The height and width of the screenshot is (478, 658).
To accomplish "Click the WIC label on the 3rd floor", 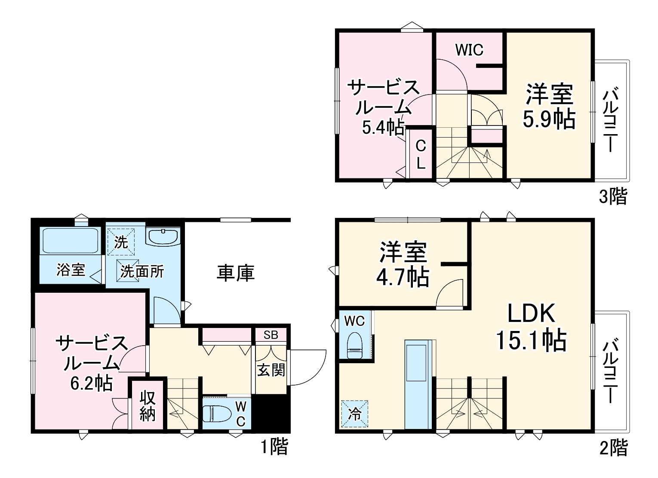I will (469, 50).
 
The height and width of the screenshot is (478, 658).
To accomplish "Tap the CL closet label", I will (421, 154).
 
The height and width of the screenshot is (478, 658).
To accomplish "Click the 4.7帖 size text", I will (403, 277).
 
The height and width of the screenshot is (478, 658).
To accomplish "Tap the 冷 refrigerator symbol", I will (355, 414).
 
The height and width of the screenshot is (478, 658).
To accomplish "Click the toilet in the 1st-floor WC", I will (217, 414).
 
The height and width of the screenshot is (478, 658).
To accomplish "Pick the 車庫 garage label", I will (236, 273).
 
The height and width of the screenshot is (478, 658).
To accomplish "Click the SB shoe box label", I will (271, 335).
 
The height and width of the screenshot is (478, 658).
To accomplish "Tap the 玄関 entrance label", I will (271, 370).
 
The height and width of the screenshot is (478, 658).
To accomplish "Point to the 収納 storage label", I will (147, 406).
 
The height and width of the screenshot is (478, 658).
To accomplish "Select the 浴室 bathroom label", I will (71, 270).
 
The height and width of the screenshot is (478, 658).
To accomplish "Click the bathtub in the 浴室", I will (71, 241).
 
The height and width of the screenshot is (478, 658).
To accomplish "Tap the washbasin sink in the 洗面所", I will (163, 236).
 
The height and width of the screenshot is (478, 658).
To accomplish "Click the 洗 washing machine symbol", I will (121, 242).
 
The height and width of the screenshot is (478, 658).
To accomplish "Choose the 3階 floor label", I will (613, 196).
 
